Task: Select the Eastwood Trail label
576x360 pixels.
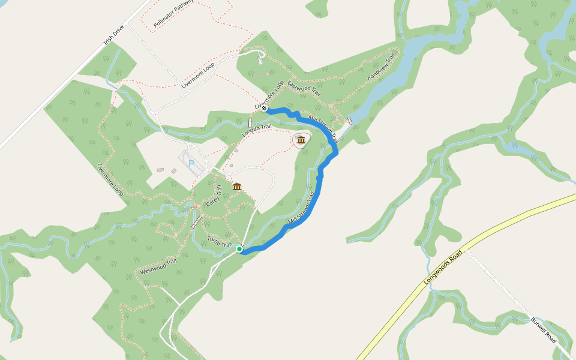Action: pyautogui.click(x=304, y=88)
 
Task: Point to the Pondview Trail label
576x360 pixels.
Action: pyautogui.click(x=382, y=67)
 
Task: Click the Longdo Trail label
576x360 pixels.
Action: pyautogui.click(x=257, y=130)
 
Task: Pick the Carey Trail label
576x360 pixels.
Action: pyautogui.click(x=214, y=196)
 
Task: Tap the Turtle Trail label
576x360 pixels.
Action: pyautogui.click(x=220, y=242)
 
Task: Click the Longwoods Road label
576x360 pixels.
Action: pyautogui.click(x=445, y=266)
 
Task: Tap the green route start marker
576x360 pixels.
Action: pyautogui.click(x=239, y=248)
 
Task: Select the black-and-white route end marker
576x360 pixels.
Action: pyautogui.click(x=264, y=109)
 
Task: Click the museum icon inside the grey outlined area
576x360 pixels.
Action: pyautogui.click(x=301, y=140)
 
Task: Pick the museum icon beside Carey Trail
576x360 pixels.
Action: pyautogui.click(x=237, y=187)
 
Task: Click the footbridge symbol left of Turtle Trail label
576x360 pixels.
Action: pyautogui.click(x=196, y=221)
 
